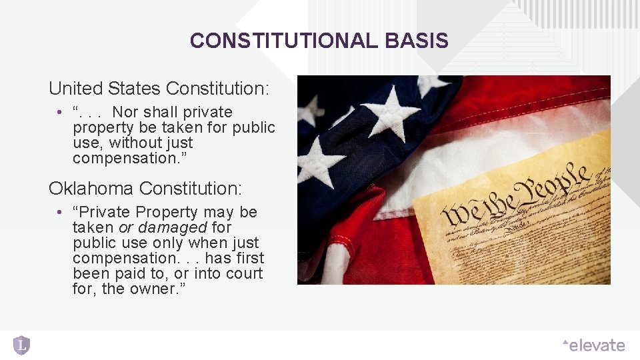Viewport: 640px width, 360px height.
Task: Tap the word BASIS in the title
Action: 417,41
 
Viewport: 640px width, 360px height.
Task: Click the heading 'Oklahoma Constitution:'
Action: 145,189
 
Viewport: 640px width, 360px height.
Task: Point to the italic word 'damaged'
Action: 173,227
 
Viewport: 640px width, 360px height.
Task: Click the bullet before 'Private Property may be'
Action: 59,213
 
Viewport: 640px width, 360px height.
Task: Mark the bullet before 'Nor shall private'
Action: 59,113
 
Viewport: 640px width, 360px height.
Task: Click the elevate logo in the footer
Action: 593,345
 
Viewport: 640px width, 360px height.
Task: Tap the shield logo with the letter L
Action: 22,345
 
